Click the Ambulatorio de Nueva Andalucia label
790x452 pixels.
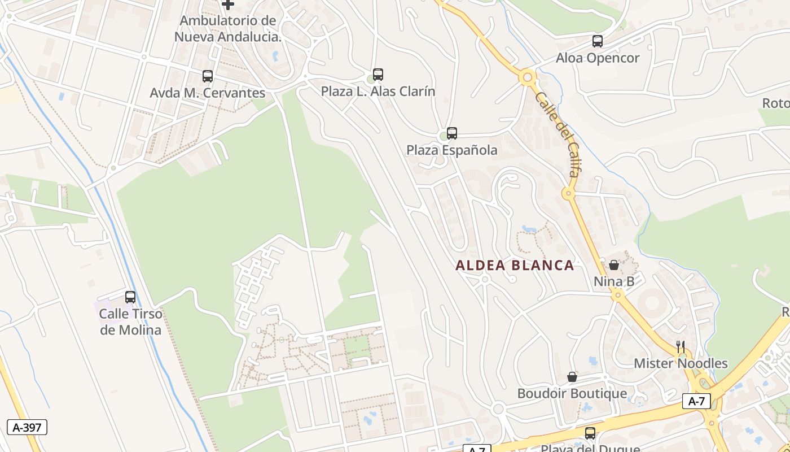click(x=227, y=29)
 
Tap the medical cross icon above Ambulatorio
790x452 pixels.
click(x=228, y=5)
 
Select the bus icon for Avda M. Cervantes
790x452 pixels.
click(x=208, y=76)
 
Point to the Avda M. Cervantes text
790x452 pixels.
click(x=208, y=93)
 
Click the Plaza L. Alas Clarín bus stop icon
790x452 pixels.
click(x=378, y=75)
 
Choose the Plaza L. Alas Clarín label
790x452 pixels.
click(x=378, y=92)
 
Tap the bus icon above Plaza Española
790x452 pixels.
click(x=452, y=133)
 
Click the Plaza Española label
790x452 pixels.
click(x=452, y=150)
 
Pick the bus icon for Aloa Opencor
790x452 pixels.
click(x=598, y=41)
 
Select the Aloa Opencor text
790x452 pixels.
click(x=598, y=58)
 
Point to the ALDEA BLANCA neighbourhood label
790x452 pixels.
click(x=515, y=265)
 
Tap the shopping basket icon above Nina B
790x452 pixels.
click(x=614, y=264)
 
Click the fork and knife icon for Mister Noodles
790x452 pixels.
click(x=681, y=346)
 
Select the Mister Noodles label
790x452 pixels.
click(x=681, y=363)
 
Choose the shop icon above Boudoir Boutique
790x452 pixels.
click(x=572, y=377)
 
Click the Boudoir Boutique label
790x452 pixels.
click(x=572, y=393)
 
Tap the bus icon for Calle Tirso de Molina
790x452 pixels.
click(x=130, y=297)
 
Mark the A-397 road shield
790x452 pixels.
click(x=27, y=427)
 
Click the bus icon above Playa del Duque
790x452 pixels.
click(x=590, y=433)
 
